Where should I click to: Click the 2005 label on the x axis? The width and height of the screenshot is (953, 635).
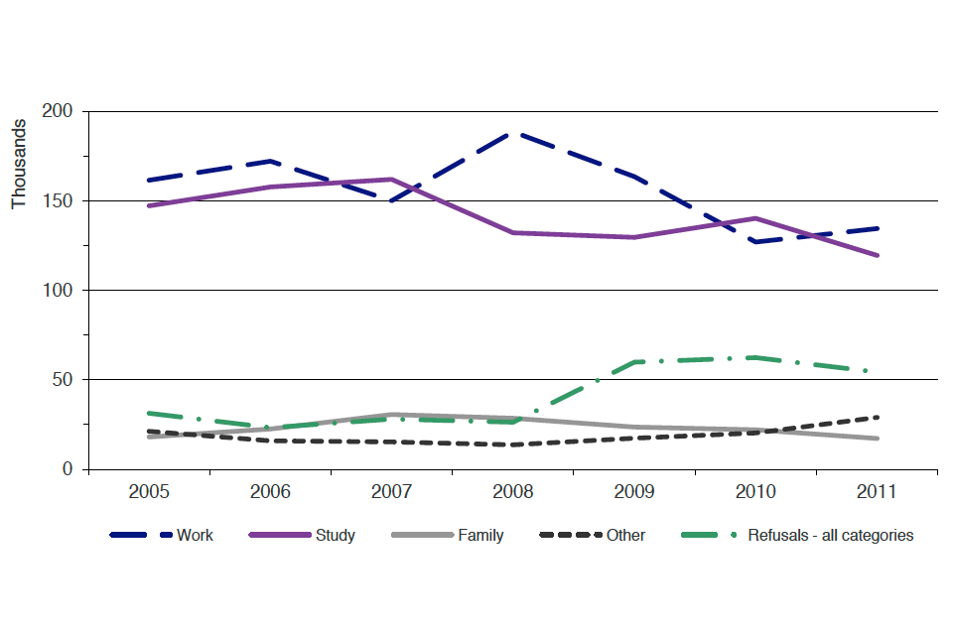[149, 491]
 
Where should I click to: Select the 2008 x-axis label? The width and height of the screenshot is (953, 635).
[512, 491]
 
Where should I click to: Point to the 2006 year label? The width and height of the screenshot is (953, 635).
[270, 491]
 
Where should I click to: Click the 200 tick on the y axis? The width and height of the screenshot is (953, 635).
[58, 111]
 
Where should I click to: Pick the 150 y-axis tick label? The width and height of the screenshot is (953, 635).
[58, 200]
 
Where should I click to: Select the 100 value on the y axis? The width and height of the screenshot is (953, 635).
[58, 290]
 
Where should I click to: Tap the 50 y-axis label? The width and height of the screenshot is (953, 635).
[63, 379]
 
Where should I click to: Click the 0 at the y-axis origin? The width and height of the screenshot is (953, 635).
[68, 468]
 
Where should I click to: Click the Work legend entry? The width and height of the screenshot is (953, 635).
[195, 536]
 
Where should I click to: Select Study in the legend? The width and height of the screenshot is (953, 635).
[335, 536]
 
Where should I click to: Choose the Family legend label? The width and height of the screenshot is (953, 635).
[480, 536]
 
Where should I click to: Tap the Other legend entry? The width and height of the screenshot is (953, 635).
[625, 536]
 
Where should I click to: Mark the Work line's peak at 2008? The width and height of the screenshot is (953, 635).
[512, 132]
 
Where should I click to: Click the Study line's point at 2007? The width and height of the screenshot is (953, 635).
[391, 180]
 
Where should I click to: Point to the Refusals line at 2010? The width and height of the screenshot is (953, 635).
[754, 357]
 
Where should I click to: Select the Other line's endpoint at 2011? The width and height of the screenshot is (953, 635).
[877, 417]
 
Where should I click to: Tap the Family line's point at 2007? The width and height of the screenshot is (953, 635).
[391, 415]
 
